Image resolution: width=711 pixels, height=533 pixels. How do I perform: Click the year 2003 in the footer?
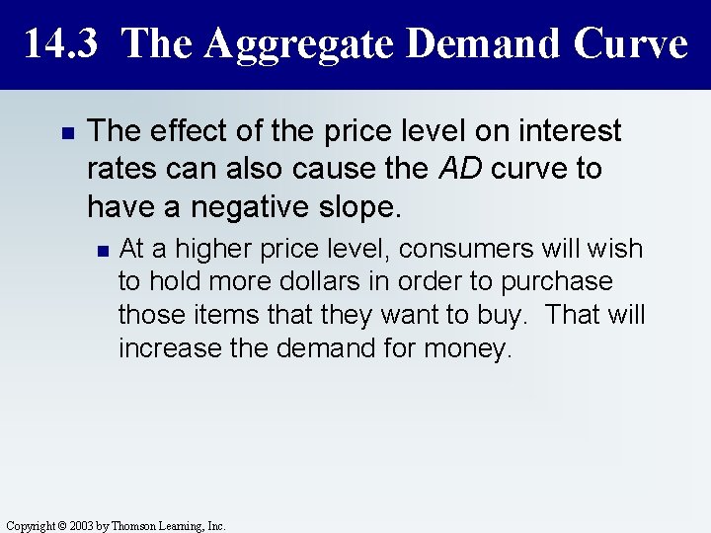(83, 525)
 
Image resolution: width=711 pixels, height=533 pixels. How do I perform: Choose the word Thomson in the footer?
(133, 525)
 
